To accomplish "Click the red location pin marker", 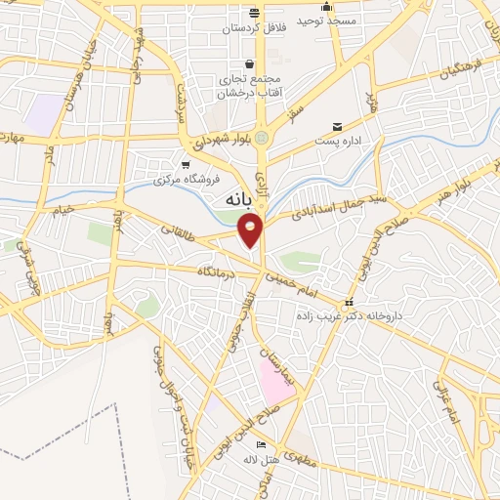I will coord(252,229).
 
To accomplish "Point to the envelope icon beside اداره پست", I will coord(338,127).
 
